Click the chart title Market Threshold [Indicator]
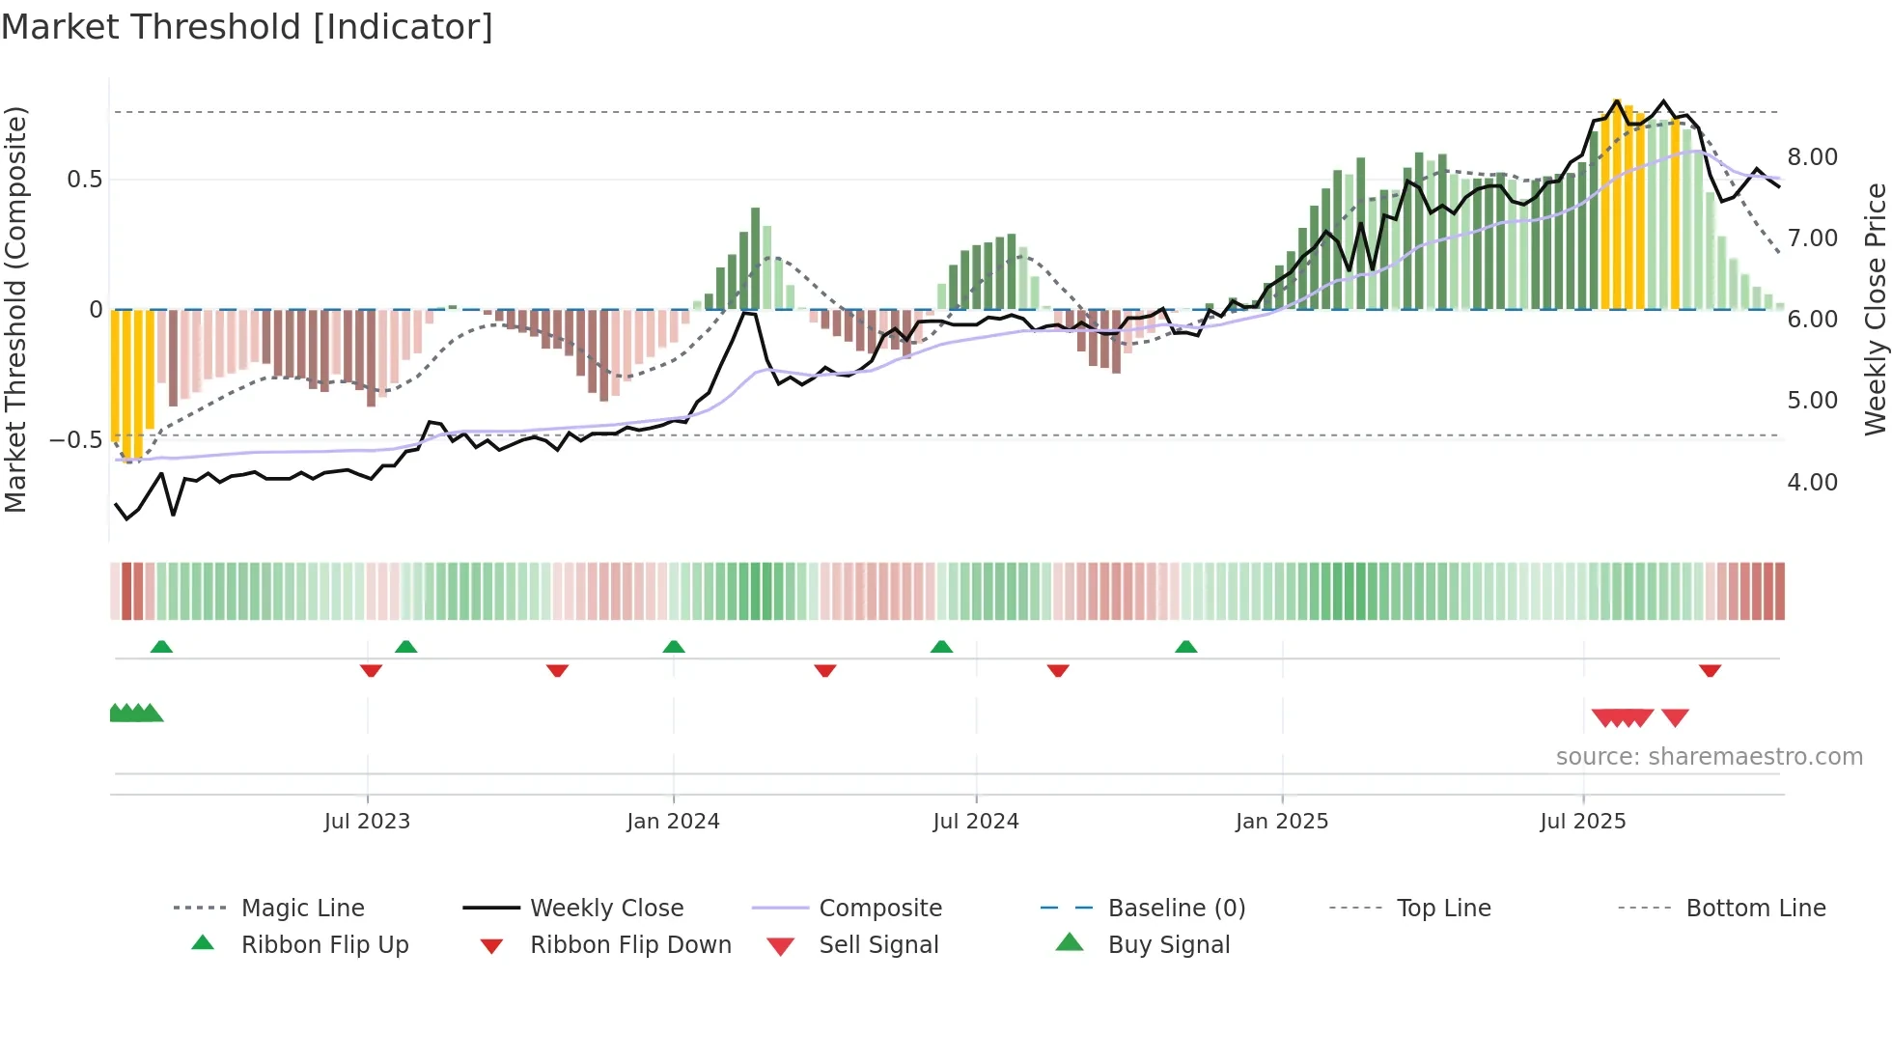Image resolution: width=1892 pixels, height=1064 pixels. point(247,27)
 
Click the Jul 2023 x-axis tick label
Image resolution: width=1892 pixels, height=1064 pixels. point(367,822)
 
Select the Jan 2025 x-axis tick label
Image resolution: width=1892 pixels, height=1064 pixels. point(1282,822)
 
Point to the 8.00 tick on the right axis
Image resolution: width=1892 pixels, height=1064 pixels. point(1812,157)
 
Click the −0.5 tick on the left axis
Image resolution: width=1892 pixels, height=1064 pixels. point(76,440)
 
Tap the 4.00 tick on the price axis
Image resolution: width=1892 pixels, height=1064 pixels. point(1812,483)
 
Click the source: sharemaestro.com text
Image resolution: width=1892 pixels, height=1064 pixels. point(1709,757)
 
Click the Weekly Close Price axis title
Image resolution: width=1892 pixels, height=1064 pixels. point(1875,309)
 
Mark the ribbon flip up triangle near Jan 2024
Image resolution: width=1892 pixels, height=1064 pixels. point(674,647)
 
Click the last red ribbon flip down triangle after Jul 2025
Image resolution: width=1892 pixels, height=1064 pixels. point(1710,670)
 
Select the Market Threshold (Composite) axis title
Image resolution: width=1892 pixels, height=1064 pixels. point(15,309)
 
